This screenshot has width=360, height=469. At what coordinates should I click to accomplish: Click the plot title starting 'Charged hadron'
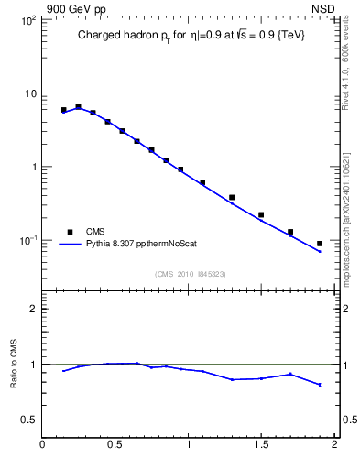191,36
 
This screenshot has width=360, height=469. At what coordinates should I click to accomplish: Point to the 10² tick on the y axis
27,20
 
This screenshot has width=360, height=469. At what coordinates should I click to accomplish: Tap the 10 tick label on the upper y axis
28,93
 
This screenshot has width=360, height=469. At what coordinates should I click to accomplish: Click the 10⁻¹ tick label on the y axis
27,240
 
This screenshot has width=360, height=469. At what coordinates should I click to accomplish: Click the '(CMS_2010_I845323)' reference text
190,273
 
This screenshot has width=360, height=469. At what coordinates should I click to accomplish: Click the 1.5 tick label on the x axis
261,446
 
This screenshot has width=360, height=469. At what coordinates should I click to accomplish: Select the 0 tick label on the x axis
42,446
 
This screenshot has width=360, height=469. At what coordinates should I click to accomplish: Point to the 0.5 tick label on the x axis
115,446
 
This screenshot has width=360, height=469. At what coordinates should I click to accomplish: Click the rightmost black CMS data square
320,244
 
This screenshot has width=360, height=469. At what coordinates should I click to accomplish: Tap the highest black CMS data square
78,107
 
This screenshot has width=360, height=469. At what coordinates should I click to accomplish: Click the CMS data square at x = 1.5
261,214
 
